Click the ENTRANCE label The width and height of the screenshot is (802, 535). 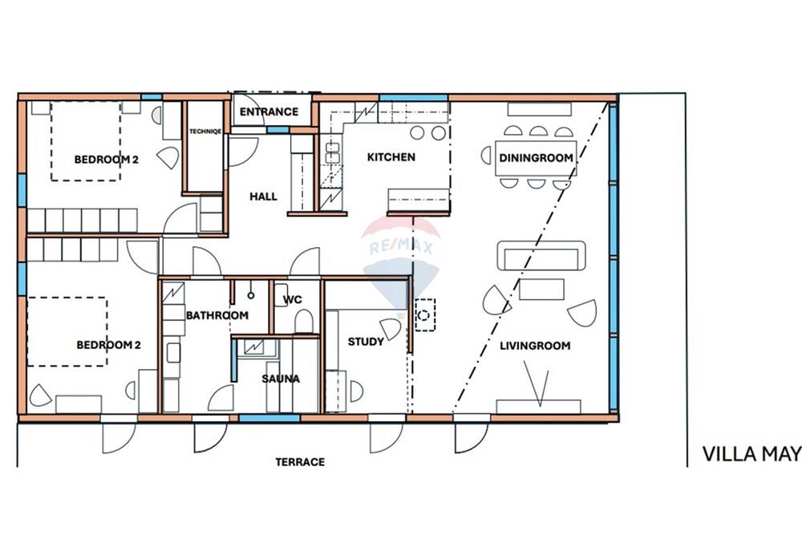tap(269, 111)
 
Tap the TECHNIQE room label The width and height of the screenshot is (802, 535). tap(205, 132)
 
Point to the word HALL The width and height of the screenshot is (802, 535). tap(263, 197)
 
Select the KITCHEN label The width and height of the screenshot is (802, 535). tap(391, 157)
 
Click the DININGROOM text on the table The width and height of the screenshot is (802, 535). tap(536, 158)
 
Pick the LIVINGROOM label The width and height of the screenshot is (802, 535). tap(535, 346)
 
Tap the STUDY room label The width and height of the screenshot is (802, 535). tap(366, 342)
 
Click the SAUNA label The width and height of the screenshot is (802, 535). tap(281, 379)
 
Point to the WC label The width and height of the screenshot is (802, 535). tap(293, 300)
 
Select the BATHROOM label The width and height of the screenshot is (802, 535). tap(217, 315)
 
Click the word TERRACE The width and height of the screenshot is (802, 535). tap(300, 462)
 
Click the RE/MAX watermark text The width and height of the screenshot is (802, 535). tap(401, 248)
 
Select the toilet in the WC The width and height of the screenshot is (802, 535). tap(304, 321)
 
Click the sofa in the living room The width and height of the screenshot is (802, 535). tap(541, 255)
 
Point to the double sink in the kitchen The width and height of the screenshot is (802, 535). tap(333, 153)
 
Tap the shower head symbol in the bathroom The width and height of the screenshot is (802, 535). tap(250, 296)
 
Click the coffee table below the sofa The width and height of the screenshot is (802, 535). tap(541, 290)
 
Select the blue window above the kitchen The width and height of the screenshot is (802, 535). tap(414, 98)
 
